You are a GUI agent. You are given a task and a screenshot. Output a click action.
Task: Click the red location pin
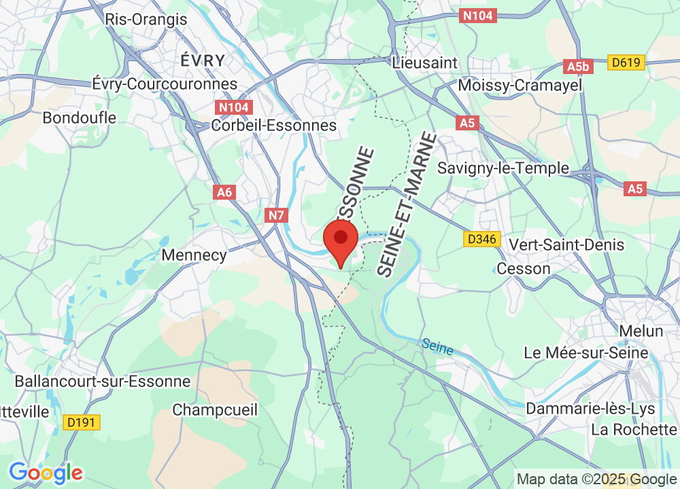coord(341,242)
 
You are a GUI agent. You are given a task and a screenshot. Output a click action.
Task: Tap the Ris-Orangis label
coord(146,19)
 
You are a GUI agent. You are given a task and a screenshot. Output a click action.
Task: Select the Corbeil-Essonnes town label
coord(274,125)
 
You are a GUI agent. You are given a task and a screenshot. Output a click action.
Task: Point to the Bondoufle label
coord(80,117)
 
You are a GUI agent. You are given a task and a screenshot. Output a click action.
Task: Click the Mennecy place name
coord(194,255)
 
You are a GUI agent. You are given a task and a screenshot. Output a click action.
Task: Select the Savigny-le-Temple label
coord(503,168)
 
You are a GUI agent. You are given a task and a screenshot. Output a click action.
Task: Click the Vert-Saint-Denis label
coord(566,244)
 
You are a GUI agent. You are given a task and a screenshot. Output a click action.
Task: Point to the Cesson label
coord(524,268)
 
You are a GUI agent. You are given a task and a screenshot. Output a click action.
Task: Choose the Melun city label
coord(641,331)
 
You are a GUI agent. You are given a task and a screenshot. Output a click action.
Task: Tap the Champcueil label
coord(215,410)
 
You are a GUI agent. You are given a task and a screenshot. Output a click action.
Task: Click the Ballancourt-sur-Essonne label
coord(103,381)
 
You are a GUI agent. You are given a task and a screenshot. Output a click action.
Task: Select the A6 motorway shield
coord(224,192)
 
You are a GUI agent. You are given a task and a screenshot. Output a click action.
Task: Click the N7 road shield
coord(276,216)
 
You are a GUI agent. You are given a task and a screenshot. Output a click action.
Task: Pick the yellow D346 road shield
coord(482,238)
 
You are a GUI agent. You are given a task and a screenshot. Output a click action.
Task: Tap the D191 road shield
coord(82,422)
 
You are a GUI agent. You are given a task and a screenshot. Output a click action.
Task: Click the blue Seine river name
coord(437,346)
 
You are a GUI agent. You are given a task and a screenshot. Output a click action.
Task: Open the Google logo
coord(46,472)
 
